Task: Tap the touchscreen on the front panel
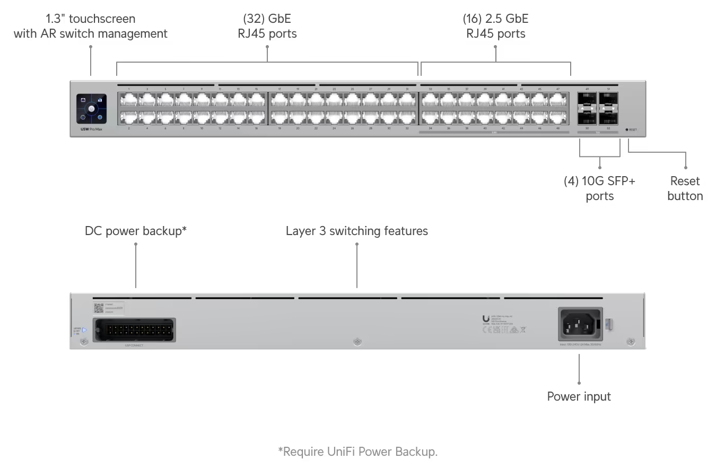tap(91, 109)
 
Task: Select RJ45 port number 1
tap(129, 100)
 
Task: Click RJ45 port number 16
tap(257, 117)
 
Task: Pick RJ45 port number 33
tap(430, 100)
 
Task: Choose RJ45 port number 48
tap(558, 117)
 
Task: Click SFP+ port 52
tap(608, 117)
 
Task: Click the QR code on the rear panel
tap(99, 308)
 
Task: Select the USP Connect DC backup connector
tap(134, 330)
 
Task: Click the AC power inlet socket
tap(581, 324)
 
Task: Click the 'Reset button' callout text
tap(685, 188)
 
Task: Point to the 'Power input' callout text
tap(579, 396)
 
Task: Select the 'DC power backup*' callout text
tap(136, 231)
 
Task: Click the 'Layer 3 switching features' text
tap(356, 231)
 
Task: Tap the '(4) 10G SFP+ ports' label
tap(599, 188)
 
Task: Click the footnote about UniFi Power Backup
tap(357, 452)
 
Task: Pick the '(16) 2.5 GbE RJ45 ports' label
tap(495, 26)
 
